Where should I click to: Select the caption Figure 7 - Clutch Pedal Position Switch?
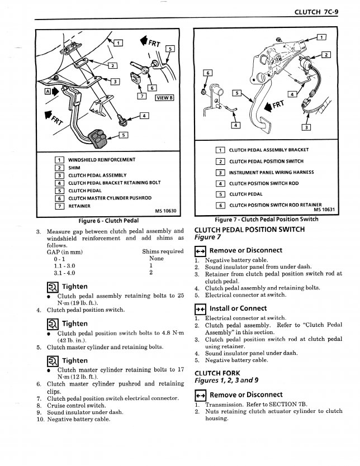(x=267, y=218)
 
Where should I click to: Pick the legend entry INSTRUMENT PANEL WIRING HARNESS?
(x=272, y=172)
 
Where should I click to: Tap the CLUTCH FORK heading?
(x=217, y=373)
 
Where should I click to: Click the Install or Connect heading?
(x=238, y=308)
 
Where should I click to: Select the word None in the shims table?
(x=157, y=259)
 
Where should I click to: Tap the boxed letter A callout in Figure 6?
(x=47, y=92)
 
